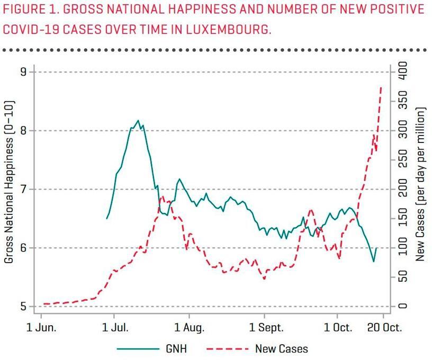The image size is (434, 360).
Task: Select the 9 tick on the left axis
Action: click(23, 72)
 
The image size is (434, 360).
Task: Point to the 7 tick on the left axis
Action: click(23, 190)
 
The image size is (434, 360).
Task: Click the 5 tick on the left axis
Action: click(23, 307)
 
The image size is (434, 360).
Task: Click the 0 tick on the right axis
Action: click(404, 307)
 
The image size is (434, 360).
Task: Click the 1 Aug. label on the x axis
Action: click(189, 327)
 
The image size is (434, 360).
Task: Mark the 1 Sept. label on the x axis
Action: click(264, 327)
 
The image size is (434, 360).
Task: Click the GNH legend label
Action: click(178, 349)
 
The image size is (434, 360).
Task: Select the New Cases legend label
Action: click(281, 349)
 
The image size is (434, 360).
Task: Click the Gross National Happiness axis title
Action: click(8, 182)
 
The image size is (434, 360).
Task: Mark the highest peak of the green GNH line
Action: click(138, 121)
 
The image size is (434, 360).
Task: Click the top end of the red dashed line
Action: click(382, 87)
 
